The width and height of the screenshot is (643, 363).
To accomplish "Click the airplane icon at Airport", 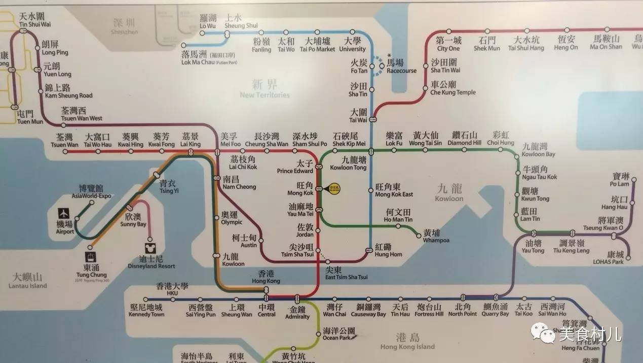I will tap(64, 213).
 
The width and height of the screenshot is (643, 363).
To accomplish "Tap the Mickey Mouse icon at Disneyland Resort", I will tap(149, 248).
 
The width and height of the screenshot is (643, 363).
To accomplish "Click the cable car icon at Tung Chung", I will tap(91, 257).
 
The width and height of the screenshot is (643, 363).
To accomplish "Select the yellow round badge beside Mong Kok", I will tap(335, 188).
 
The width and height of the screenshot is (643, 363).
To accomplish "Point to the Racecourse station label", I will tap(401, 67).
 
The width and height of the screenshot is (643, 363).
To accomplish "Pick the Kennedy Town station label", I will tap(147, 311).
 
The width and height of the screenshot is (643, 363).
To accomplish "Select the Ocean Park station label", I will tap(338, 334).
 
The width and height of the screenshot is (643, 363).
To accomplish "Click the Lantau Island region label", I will tap(28, 281).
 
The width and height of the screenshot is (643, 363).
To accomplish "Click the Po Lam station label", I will tap(621, 180).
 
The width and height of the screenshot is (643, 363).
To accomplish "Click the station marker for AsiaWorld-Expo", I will tap(92, 203).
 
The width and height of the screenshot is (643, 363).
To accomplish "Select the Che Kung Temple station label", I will tap(452, 88).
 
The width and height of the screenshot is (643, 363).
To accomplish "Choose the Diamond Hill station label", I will tap(464, 139).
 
